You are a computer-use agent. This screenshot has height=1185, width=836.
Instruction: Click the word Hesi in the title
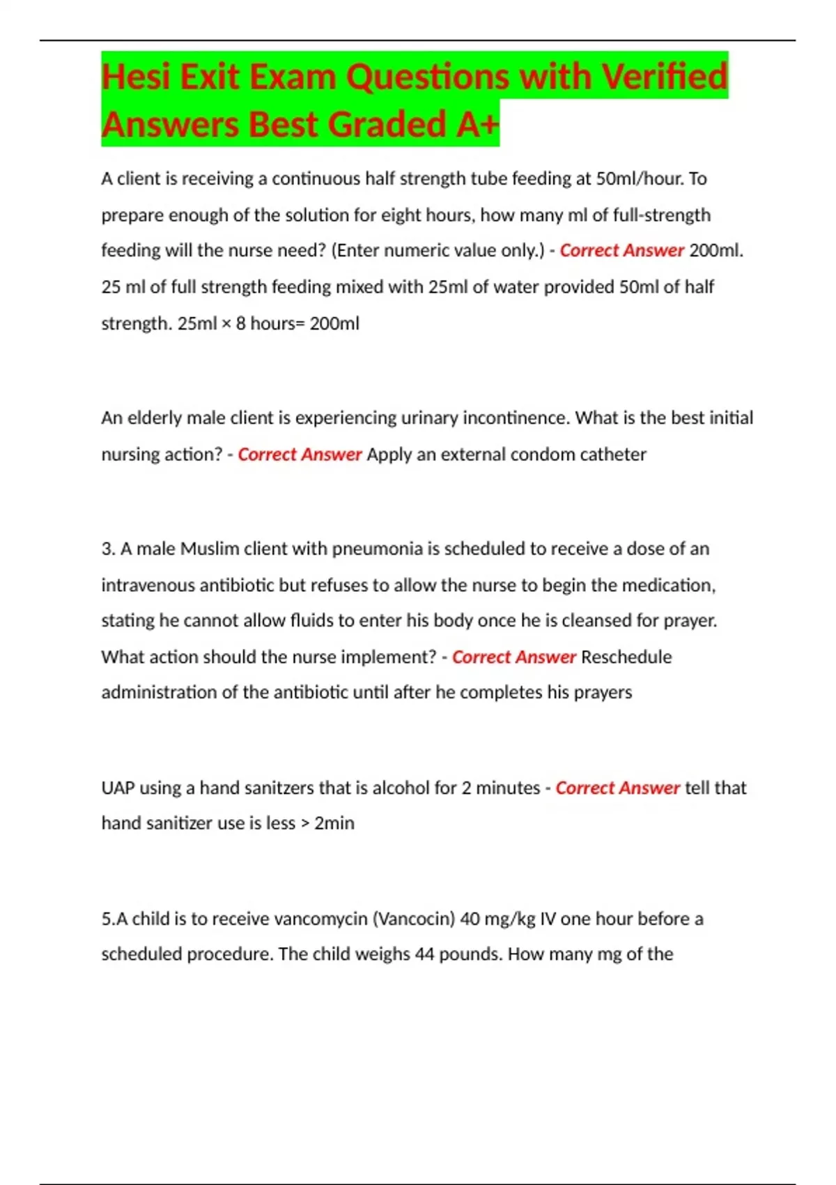(x=137, y=77)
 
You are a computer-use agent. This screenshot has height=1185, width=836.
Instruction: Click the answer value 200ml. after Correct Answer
(x=716, y=250)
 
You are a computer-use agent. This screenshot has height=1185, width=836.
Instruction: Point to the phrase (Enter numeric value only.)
(x=438, y=250)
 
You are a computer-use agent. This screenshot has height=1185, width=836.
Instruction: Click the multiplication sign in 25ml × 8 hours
(x=226, y=324)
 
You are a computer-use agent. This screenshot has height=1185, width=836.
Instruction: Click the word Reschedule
(x=626, y=657)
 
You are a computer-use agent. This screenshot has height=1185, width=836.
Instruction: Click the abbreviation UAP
(x=118, y=788)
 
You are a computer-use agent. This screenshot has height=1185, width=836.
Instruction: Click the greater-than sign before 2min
(x=304, y=824)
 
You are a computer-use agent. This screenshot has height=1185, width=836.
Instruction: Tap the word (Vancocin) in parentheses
(x=414, y=919)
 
